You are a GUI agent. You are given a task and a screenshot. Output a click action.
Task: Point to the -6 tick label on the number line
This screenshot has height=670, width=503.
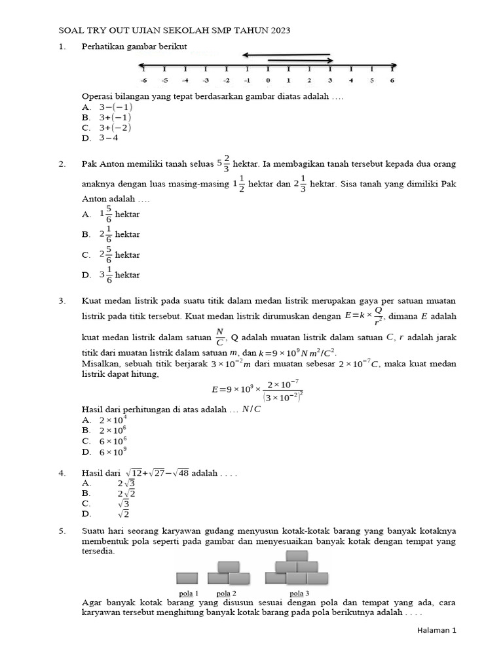[143, 80]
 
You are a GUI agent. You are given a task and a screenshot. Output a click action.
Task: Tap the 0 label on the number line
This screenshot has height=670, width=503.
[267, 80]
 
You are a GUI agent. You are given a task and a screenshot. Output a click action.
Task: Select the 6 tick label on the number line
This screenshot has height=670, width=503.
[392, 80]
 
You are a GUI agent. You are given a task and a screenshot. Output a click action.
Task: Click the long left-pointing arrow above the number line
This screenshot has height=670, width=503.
[286, 55]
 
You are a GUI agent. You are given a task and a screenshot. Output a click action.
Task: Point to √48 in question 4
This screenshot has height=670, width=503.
[179, 472]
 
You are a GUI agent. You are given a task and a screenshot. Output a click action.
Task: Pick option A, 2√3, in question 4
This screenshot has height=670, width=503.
[126, 484]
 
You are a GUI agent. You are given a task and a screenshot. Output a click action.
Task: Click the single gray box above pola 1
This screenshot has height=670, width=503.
[187, 578]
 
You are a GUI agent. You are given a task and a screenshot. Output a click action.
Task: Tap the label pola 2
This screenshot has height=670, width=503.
[226, 593]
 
